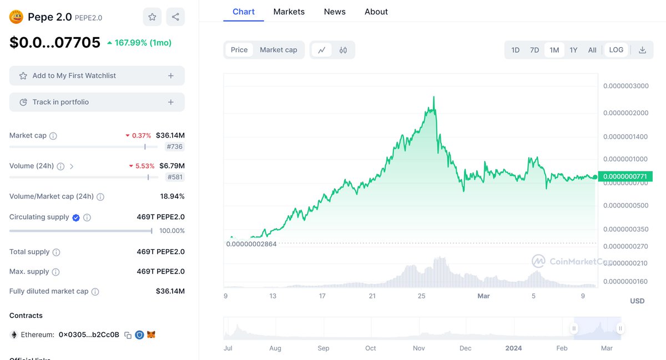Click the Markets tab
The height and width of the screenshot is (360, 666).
tap(289, 12)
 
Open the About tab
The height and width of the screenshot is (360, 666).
tap(376, 12)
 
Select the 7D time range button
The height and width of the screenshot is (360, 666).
tap(534, 50)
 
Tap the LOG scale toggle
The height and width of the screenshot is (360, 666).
tap(616, 50)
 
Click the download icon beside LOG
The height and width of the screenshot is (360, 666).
tap(642, 50)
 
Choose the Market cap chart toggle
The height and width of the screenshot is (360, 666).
tap(278, 50)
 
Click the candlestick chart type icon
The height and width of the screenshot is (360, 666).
tap(343, 50)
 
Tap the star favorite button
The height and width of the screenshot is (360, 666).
tap(152, 17)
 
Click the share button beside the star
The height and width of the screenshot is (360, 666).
tap(175, 17)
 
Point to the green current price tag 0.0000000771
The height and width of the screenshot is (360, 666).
tap(625, 176)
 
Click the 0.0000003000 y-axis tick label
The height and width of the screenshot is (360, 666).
tap(625, 86)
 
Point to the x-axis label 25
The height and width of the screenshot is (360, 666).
tap(422, 296)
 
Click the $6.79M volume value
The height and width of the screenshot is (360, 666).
tap(171, 166)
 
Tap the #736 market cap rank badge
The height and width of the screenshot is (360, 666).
tap(175, 147)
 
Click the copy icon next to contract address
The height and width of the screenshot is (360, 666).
tap(128, 335)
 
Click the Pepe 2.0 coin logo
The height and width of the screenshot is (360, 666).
tap(16, 17)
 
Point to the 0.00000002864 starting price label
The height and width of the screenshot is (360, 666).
tap(251, 244)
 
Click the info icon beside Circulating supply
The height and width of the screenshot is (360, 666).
tap(87, 217)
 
